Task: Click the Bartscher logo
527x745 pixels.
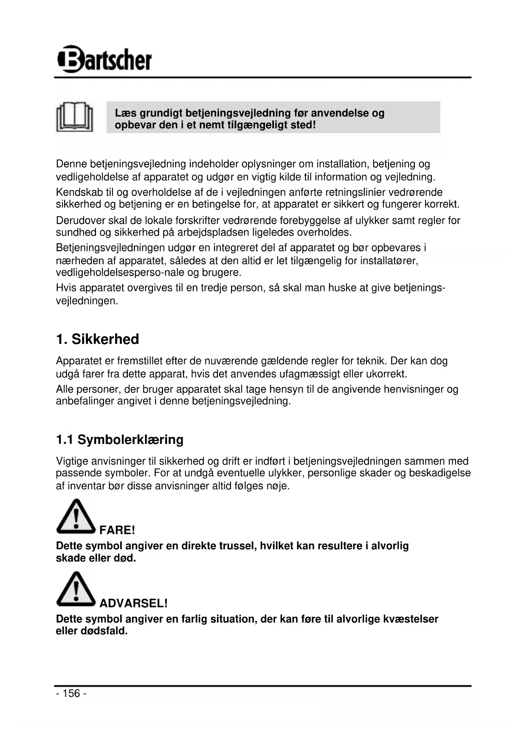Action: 104,59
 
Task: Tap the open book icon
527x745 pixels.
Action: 75,117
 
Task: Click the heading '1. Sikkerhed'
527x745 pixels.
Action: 98,339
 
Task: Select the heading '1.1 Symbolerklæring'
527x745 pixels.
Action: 120,439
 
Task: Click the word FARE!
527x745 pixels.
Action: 117,530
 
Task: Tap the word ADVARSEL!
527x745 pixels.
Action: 133,603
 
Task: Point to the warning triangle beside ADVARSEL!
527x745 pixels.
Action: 76,590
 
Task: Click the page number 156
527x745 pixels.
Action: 71,694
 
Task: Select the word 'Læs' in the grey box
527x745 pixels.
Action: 125,113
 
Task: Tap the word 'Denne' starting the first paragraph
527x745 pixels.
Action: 71,164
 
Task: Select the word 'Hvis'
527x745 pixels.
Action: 66,288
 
